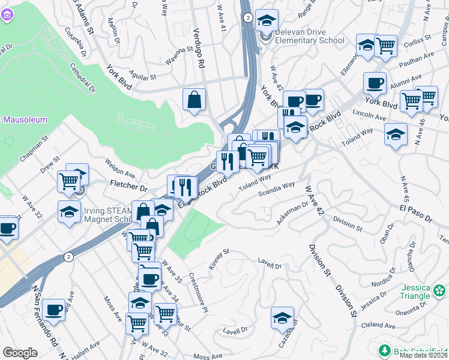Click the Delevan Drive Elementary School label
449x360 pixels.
point(310,36)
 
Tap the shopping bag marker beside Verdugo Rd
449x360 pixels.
point(194,100)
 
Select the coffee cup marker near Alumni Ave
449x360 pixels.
point(375,83)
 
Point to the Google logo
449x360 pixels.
point(20,353)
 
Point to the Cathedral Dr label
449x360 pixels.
point(83,78)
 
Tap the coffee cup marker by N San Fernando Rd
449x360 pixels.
point(53,310)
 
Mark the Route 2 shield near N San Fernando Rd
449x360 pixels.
point(69,257)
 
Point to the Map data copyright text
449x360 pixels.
point(423,355)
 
